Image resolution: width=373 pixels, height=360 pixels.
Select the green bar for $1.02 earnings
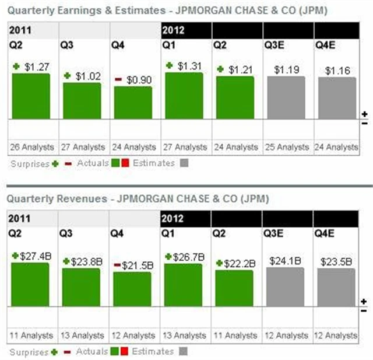click(x=82, y=100)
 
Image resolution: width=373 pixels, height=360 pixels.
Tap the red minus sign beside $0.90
click(x=118, y=79)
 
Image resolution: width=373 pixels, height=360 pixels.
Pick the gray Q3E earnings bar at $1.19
click(x=286, y=97)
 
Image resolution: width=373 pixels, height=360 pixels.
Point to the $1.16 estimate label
click(x=337, y=71)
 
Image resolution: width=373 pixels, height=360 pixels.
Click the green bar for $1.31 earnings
click(x=184, y=95)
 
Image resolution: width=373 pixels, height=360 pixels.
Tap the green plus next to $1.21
click(x=220, y=69)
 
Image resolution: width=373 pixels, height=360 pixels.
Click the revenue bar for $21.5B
click(x=133, y=289)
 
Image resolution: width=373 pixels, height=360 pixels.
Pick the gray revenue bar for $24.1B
click(x=286, y=286)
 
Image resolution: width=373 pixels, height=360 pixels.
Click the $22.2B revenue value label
click(x=239, y=263)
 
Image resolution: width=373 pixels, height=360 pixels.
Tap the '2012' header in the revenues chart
click(x=173, y=219)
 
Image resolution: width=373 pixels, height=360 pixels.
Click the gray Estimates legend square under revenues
click(x=184, y=352)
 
